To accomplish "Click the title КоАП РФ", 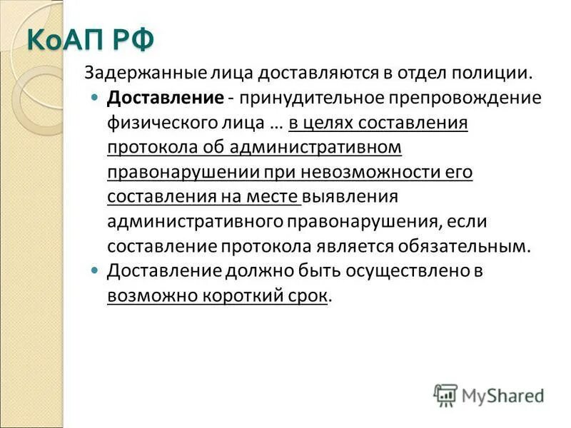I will pyautogui.click(x=90, y=39).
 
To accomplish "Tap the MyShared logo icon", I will pyautogui.click(x=445, y=394).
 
